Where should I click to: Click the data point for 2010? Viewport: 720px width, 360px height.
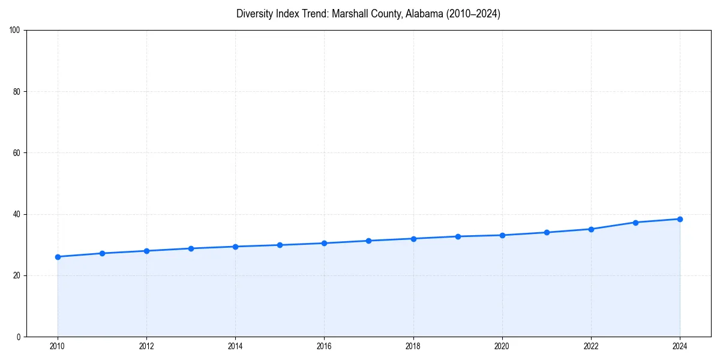58,257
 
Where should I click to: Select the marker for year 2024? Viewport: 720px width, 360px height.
680,219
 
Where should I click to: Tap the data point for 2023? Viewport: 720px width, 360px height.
635,223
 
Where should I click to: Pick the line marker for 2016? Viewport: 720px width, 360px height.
324,243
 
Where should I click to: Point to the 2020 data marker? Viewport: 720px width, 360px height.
502,235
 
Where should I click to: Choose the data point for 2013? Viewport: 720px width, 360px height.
191,248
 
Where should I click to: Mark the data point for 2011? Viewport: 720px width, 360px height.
102,253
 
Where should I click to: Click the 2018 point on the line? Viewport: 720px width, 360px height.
413,239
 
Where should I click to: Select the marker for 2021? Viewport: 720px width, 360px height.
547,232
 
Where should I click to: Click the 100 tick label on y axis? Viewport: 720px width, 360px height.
16,30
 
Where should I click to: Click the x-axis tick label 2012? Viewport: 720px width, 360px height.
146,346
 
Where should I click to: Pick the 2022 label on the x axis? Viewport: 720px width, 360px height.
591,346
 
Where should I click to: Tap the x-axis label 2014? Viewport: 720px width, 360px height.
235,346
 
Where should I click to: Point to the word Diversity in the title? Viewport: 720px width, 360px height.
255,14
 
